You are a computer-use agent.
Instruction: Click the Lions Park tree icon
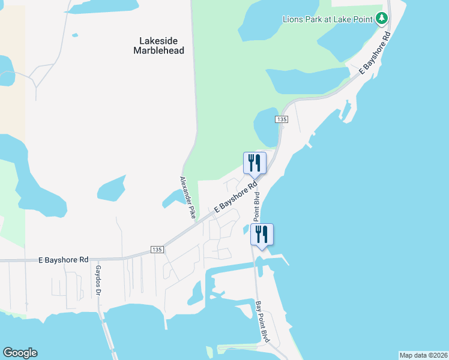pyautogui.click(x=381, y=18)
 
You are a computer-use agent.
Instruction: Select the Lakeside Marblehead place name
pyautogui.click(x=158, y=46)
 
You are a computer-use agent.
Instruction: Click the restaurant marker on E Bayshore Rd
pyautogui.click(x=254, y=163)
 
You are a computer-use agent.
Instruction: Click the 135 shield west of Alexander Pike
pyautogui.click(x=157, y=250)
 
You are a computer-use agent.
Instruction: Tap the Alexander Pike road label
pyautogui.click(x=185, y=199)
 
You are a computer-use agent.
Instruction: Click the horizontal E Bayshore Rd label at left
pyautogui.click(x=63, y=260)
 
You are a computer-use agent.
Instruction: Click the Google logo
pyautogui.click(x=20, y=353)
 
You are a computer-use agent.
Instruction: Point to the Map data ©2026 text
pyautogui.click(x=423, y=355)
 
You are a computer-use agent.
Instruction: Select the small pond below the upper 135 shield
pyautogui.click(x=265, y=127)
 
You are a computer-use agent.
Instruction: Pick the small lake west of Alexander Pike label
pyautogui.click(x=110, y=188)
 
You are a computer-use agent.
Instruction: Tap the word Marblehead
pyautogui.click(x=158, y=51)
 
